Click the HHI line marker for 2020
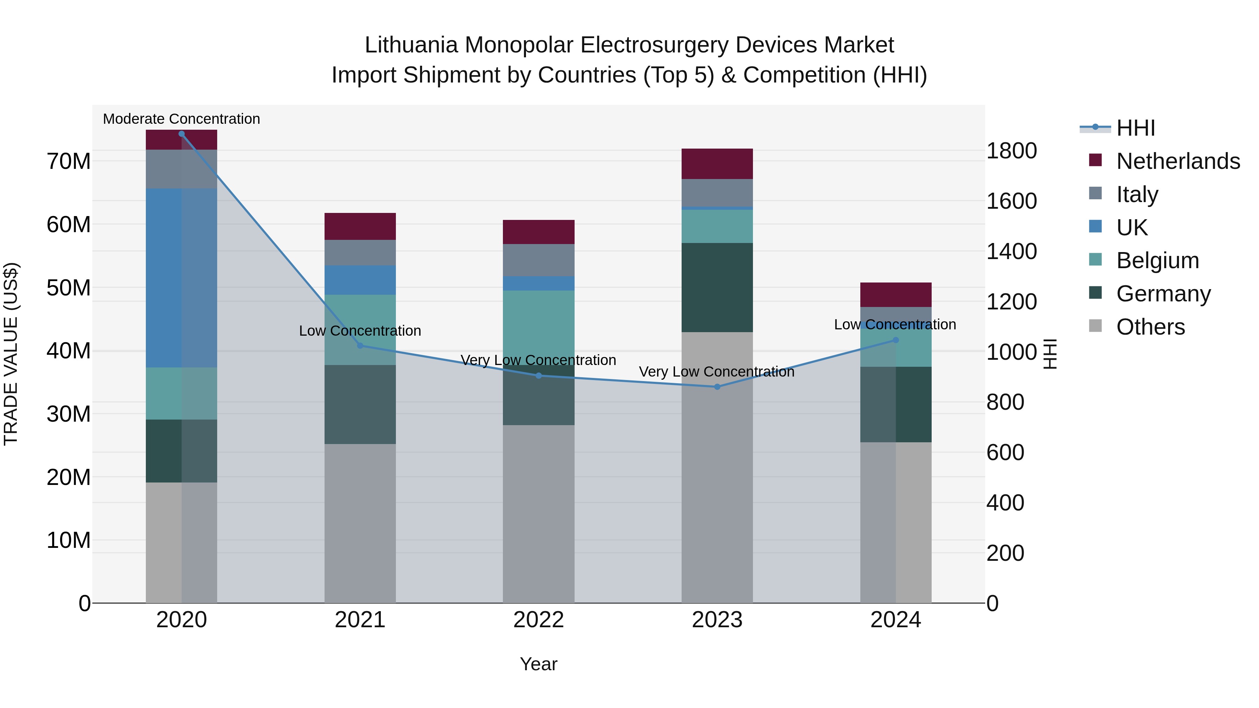[x=181, y=134]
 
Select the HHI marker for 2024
[x=895, y=340]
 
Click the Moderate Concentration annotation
[x=181, y=119]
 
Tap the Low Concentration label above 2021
[x=360, y=331]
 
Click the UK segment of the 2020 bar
[x=181, y=278]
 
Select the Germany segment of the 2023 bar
[x=717, y=287]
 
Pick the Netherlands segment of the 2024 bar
[x=895, y=295]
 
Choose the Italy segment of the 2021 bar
[x=360, y=253]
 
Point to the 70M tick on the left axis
[x=69, y=161]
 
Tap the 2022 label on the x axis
[x=539, y=620]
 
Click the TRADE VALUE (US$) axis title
[x=11, y=354]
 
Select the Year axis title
[x=539, y=664]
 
